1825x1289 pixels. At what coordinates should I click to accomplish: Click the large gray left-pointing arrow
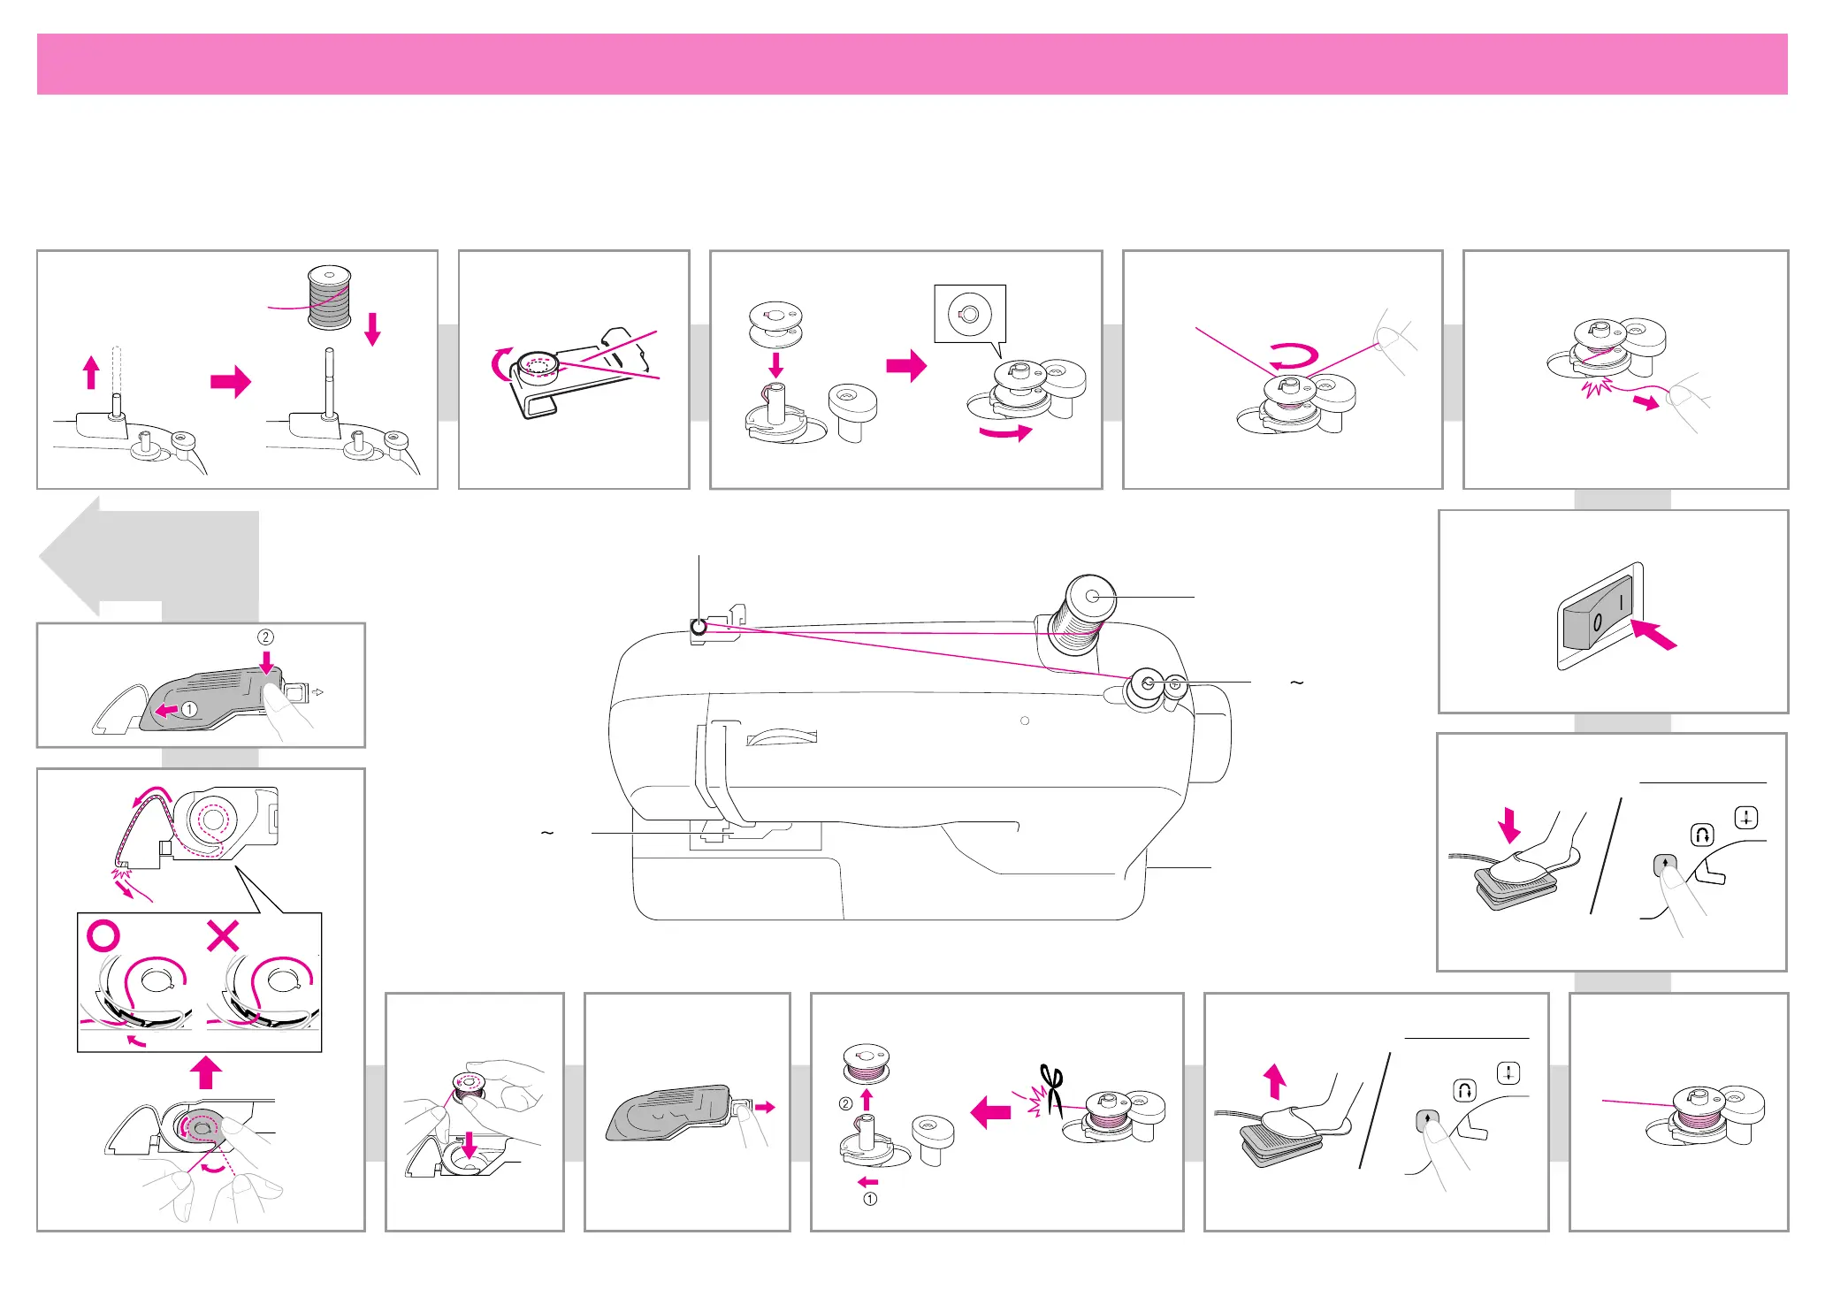(148, 557)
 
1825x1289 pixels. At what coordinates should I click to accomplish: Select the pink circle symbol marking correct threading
(103, 935)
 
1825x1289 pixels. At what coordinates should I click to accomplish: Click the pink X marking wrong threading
(223, 935)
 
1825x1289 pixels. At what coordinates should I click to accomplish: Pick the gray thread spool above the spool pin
(330, 297)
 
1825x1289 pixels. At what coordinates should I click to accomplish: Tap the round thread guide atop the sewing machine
(699, 628)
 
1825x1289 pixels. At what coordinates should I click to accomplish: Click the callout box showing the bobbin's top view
(970, 314)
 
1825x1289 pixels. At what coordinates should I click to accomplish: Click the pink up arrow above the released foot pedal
(1274, 1081)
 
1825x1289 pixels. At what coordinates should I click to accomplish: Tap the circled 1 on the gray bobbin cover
(189, 709)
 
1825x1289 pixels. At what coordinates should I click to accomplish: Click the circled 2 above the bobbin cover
(265, 637)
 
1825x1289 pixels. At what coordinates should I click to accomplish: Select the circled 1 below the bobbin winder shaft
(870, 1199)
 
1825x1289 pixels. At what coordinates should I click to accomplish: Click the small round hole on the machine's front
(1025, 721)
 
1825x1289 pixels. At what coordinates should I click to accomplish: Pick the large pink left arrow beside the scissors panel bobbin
(990, 1112)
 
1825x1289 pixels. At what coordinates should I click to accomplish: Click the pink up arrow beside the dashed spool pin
(91, 372)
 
